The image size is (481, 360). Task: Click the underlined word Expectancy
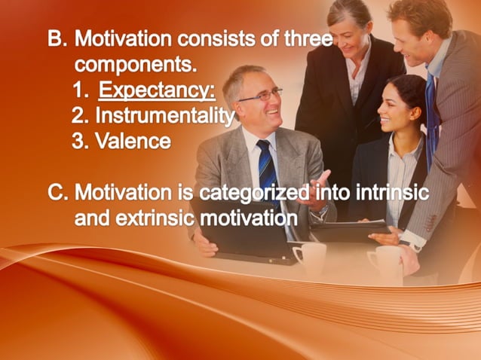[x=157, y=91]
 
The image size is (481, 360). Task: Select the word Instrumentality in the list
[x=164, y=116]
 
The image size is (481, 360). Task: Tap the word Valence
[x=133, y=141]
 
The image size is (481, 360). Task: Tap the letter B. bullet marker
[x=59, y=38]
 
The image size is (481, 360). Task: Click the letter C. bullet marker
[x=59, y=194]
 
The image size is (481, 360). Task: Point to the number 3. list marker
[x=81, y=141]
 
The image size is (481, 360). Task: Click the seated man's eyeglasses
[x=259, y=96]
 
